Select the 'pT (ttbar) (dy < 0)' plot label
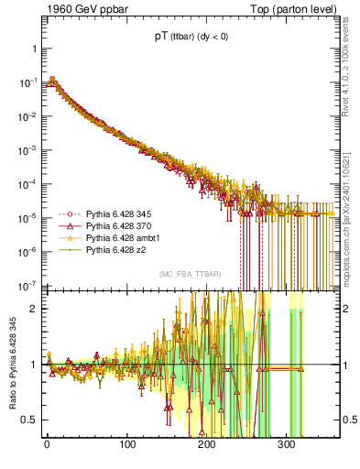tap(190, 39)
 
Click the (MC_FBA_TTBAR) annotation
tap(189, 275)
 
